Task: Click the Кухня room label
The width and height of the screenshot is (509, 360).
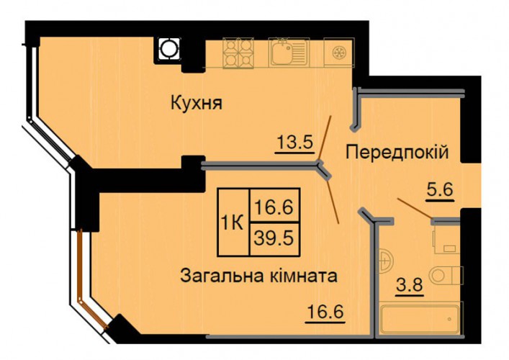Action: pyautogui.click(x=197, y=104)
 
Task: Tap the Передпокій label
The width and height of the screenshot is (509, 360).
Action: pyautogui.click(x=397, y=152)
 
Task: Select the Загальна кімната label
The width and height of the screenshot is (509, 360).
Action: pyautogui.click(x=258, y=276)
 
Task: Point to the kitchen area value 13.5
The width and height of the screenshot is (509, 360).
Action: pyautogui.click(x=294, y=143)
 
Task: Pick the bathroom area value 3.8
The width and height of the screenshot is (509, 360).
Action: pyautogui.click(x=410, y=286)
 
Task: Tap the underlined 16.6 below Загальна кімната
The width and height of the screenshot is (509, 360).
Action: pyautogui.click(x=325, y=312)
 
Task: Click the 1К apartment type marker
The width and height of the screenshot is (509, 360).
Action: pyautogui.click(x=232, y=223)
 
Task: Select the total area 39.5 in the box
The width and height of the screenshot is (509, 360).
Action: pyautogui.click(x=274, y=239)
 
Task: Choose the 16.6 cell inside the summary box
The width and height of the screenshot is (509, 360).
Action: pyautogui.click(x=274, y=207)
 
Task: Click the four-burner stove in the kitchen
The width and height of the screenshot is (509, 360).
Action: pyautogui.click(x=238, y=53)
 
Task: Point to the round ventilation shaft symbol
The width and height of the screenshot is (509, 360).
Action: pyautogui.click(x=169, y=49)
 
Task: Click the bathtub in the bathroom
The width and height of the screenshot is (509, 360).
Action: pyautogui.click(x=420, y=319)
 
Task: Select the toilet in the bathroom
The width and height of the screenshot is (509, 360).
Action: pyautogui.click(x=445, y=276)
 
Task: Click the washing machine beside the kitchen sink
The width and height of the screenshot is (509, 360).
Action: pyautogui.click(x=339, y=53)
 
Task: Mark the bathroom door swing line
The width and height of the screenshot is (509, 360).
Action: pyautogui.click(x=415, y=208)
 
